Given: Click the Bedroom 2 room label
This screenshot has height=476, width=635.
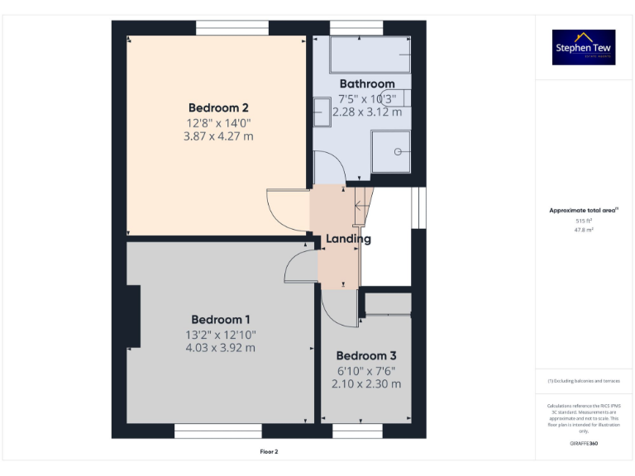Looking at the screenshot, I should point(218,107).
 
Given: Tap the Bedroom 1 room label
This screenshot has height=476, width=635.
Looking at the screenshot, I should point(220,320).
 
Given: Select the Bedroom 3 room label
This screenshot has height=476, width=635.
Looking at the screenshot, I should point(366,355).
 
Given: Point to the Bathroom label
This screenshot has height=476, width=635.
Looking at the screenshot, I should point(367,83).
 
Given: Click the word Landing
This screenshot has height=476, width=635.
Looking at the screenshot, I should point(348,239).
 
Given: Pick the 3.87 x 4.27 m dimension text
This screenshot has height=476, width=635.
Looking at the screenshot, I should point(218,136).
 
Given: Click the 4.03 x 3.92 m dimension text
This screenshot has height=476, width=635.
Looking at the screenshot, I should point(220,348).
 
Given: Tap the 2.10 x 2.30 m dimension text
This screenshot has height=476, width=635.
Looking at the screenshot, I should point(366,383).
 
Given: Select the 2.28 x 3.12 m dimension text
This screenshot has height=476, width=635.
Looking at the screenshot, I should point(367,112).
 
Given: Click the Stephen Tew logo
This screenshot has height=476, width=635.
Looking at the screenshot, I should point(584,48).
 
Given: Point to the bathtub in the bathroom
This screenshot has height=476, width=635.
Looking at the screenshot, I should point(370,55).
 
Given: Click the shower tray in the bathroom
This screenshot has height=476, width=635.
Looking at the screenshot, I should point(390,151).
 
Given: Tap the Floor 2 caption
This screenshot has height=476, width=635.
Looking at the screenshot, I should point(270,452).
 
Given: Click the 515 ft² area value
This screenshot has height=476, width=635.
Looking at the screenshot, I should point(584,221).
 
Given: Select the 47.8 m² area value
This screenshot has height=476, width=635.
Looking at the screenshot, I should point(584,231).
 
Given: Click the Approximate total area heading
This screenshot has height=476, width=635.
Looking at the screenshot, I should point(584,211).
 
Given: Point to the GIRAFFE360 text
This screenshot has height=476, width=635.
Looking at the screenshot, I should point(584,444).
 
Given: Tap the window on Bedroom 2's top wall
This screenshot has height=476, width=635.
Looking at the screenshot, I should point(232,28).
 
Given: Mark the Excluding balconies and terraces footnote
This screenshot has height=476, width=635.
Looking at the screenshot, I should point(584,381).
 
